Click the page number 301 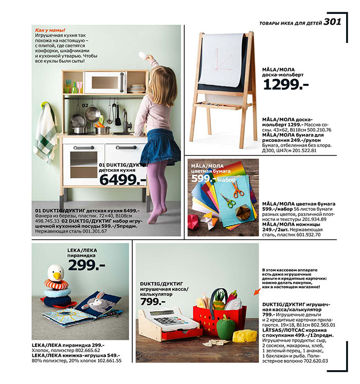coord(332,21)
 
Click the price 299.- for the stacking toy coord(86,265)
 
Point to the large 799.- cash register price coord(153,301)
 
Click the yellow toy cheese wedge coord(244,336)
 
